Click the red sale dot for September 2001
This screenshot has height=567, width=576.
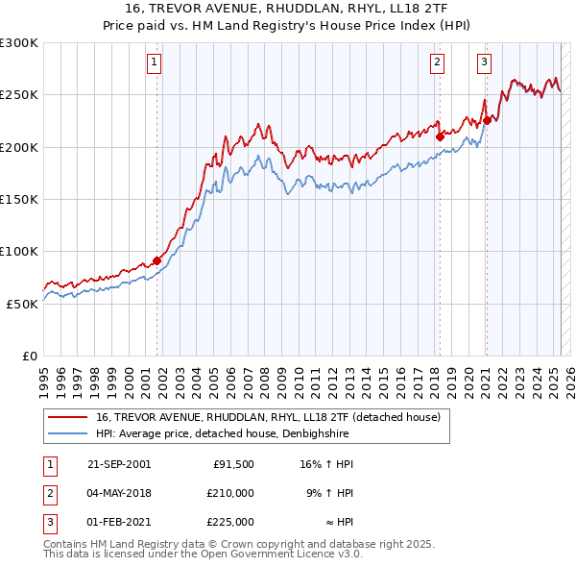tap(156, 259)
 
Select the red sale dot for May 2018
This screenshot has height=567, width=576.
tap(440, 136)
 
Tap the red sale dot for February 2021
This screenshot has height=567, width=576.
tap(487, 120)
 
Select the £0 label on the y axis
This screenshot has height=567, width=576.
tap(29, 356)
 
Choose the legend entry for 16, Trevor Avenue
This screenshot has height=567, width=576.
tap(267, 417)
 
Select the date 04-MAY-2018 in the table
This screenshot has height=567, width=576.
tap(119, 493)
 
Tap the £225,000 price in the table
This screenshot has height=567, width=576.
tap(229, 522)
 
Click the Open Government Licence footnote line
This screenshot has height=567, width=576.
tap(189, 555)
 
